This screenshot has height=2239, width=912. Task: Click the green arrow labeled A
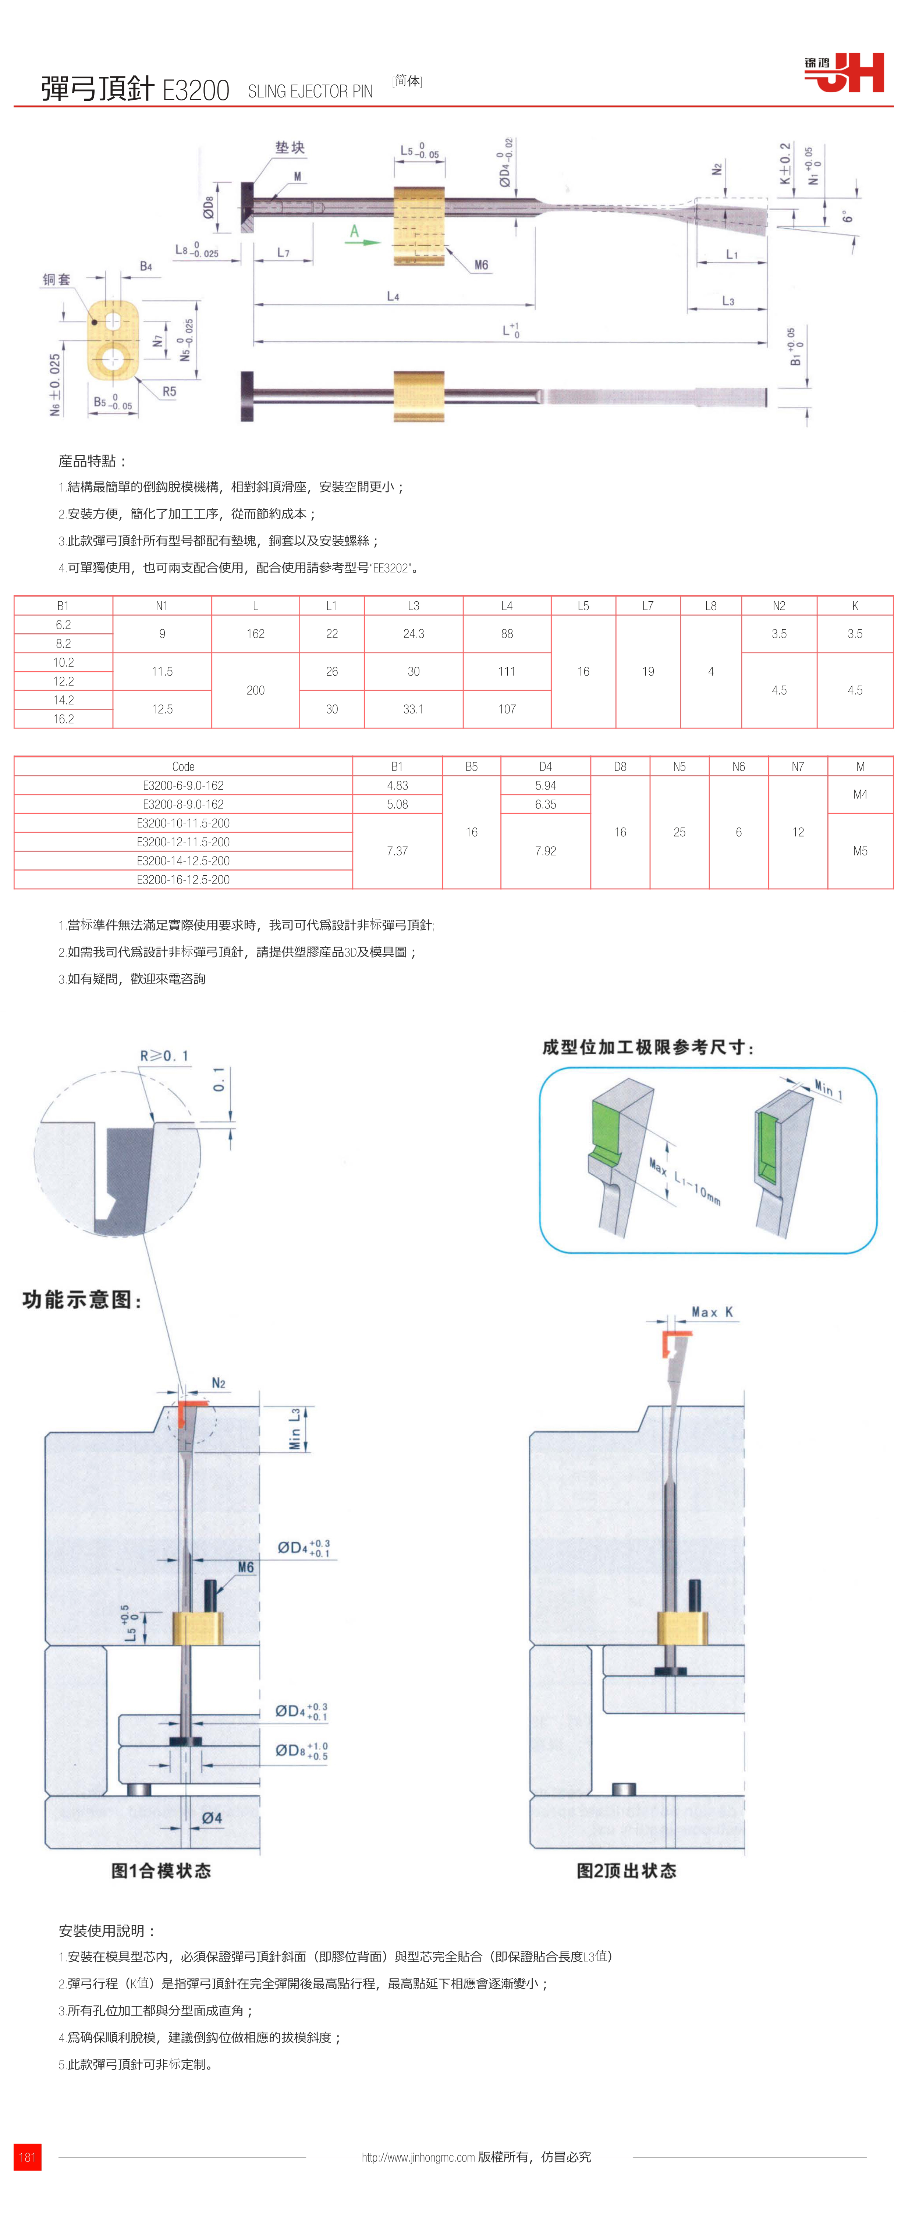click(x=361, y=238)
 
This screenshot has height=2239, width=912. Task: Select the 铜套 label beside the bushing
click(x=57, y=279)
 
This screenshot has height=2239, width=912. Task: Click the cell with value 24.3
click(x=414, y=634)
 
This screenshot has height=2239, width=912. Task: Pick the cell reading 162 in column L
click(x=256, y=634)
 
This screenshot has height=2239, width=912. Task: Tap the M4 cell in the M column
click(x=860, y=794)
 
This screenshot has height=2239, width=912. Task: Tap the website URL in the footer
click(x=418, y=2157)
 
